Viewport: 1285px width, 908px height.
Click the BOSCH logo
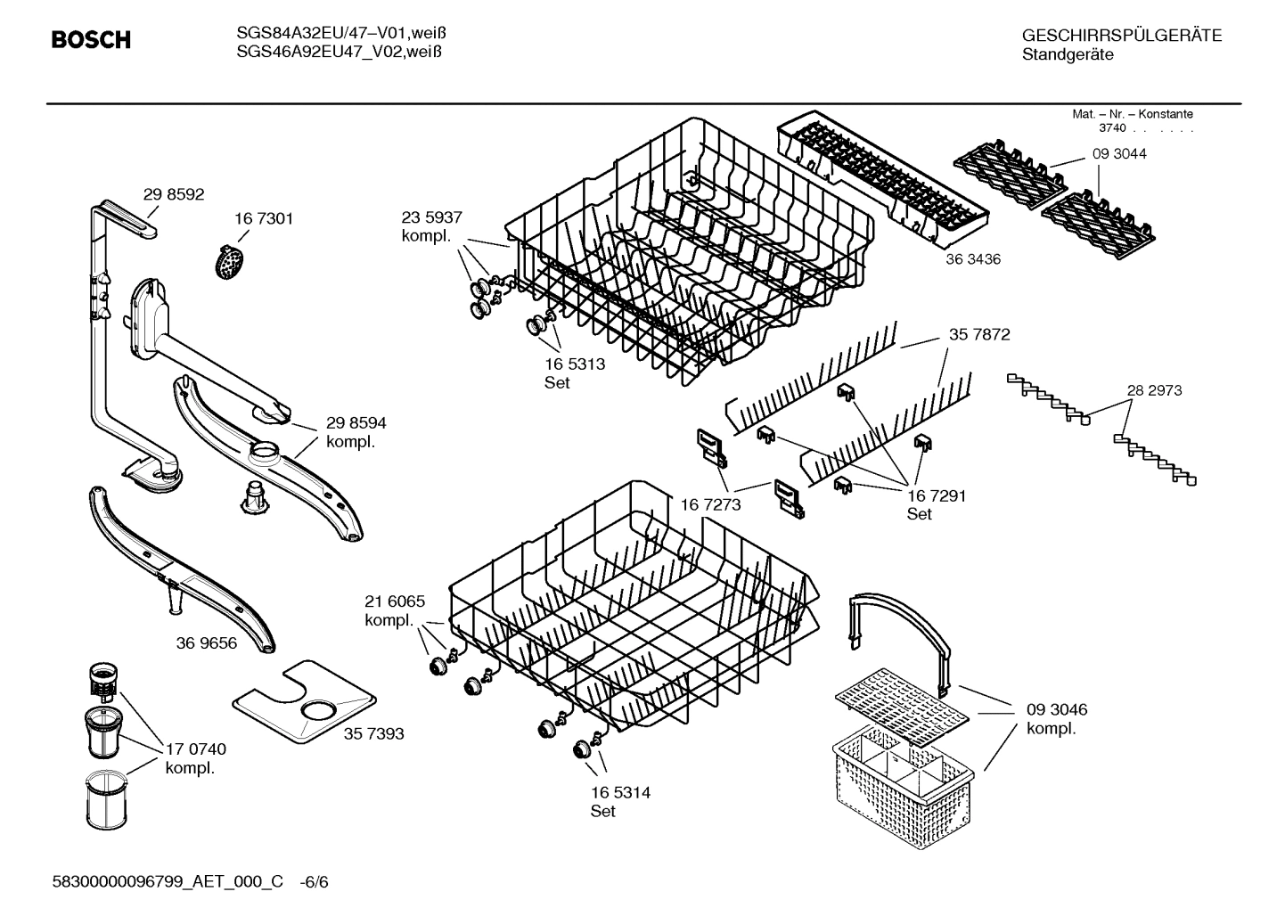pos(91,40)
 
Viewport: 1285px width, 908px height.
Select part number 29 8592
pos(173,194)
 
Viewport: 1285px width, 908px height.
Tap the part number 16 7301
pos(264,218)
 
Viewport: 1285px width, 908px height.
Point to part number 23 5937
pos(431,217)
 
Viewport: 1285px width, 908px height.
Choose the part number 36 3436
pos(973,259)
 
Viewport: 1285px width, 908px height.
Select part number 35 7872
pos(979,334)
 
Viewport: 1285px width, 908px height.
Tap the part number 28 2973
pos(1154,390)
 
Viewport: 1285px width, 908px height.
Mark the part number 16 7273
pos(711,505)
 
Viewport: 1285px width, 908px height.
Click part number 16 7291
pos(937,495)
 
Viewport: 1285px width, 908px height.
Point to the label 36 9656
pos(207,642)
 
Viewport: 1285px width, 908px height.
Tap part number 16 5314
pos(620,792)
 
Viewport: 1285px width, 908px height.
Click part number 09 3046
pos(1057,710)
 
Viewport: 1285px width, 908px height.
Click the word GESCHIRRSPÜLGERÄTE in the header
pos(1122,36)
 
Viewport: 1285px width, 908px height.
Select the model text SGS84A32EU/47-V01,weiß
pos(341,33)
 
